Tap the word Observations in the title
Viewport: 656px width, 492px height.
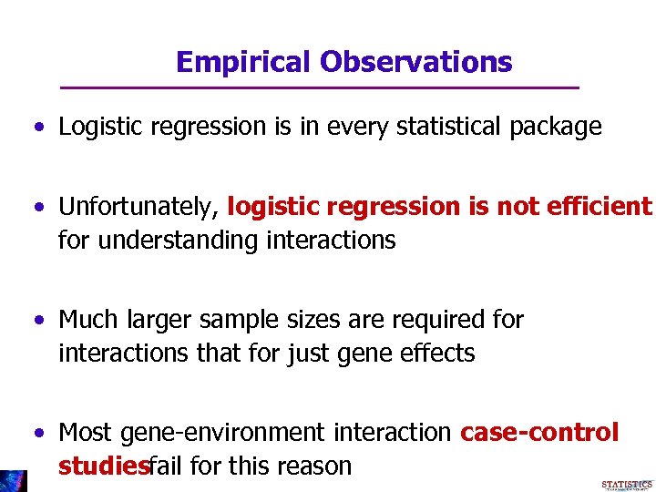pos(415,62)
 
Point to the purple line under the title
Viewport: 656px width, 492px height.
pos(319,87)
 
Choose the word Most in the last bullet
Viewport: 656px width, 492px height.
pos(87,432)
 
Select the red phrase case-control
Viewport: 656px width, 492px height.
pos(539,432)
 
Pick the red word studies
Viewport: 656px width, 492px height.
pos(102,466)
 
